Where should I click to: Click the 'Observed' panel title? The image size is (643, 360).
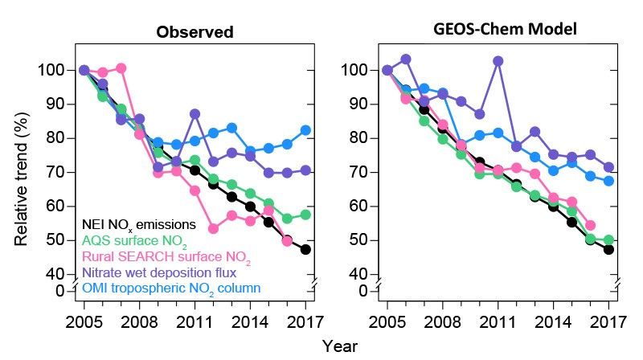click(195, 33)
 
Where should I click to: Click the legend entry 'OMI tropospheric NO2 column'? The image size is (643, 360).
click(170, 288)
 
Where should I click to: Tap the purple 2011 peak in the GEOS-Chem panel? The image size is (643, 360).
click(498, 61)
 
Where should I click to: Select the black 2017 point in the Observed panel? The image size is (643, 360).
click(306, 249)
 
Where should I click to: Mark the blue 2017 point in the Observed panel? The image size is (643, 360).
click(306, 130)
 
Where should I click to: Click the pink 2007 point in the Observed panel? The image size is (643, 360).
click(121, 68)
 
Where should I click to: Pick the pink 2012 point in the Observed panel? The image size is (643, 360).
click(214, 228)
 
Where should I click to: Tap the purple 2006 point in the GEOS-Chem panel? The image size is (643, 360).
click(406, 59)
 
